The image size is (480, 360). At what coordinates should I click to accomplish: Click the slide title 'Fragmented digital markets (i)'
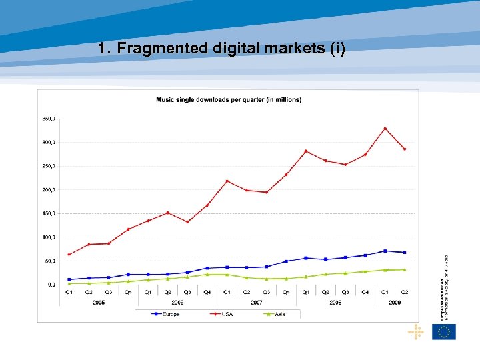coord(221,49)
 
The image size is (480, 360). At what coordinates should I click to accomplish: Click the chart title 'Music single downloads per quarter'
coord(228,100)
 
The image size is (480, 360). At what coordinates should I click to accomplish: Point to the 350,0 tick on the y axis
coord(49,119)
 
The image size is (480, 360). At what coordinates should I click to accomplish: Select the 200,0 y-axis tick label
coord(49,190)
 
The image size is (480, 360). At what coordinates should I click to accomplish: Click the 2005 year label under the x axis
coord(99,302)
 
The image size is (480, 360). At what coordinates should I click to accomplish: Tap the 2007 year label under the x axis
coord(257,302)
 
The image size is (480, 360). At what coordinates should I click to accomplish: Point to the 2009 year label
coord(395,302)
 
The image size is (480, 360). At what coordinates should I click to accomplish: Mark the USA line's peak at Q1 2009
coord(385,128)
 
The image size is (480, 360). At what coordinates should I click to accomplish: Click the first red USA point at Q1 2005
coord(69,254)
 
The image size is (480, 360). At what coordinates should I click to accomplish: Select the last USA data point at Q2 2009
coord(405,149)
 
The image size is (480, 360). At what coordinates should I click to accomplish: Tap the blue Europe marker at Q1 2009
coord(385,251)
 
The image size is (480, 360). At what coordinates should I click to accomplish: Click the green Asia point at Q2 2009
coord(405,269)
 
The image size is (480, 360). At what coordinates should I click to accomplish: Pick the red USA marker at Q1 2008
coord(306,151)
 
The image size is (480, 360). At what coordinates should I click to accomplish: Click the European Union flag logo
coord(444,331)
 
